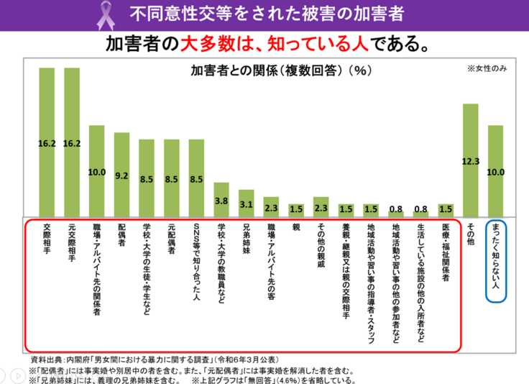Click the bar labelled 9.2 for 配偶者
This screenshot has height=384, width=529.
[121, 174]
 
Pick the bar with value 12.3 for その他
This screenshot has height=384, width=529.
[471, 160]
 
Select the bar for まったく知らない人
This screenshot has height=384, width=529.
[496, 170]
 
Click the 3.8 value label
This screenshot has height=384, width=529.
[221, 201]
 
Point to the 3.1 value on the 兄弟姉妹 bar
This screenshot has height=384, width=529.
[247, 205]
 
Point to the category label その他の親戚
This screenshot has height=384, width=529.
[321, 248]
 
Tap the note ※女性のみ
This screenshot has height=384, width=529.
[487, 69]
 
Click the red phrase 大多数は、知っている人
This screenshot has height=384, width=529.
[252, 44]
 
